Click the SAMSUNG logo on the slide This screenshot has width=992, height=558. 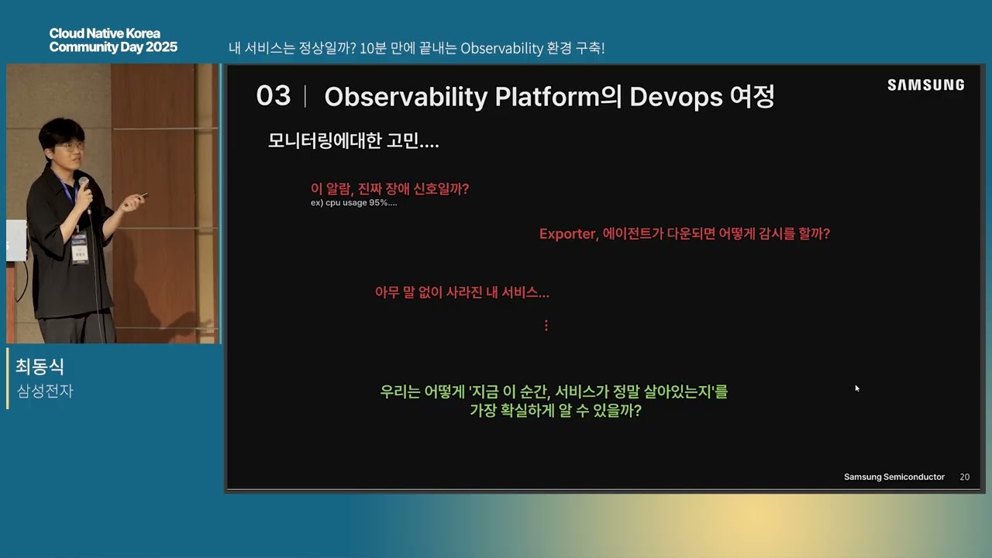tap(925, 84)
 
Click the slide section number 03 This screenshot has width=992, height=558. tap(274, 95)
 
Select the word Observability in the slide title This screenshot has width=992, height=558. tap(405, 97)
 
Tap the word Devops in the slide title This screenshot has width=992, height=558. tap(676, 97)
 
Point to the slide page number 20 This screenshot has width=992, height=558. tap(965, 477)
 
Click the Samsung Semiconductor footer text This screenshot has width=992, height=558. tap(894, 477)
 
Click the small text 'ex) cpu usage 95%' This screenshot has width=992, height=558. tap(353, 203)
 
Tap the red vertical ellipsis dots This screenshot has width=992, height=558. tap(546, 325)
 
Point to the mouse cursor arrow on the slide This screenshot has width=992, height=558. tap(857, 388)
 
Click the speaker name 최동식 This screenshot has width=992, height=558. tap(40, 367)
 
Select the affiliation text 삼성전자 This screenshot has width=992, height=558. tap(45, 391)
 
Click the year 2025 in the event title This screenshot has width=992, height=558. tap(162, 47)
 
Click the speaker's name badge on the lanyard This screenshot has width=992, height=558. tap(80, 250)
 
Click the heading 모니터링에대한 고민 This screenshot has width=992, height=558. tap(353, 141)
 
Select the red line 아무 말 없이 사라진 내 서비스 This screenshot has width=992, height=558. tap(462, 292)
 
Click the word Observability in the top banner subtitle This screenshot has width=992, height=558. tap(501, 48)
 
